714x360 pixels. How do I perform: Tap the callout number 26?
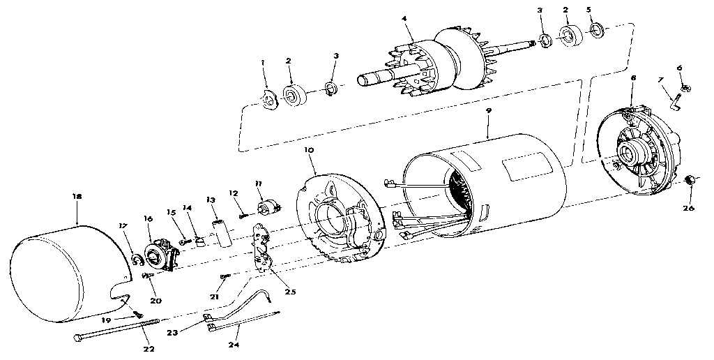click(688, 208)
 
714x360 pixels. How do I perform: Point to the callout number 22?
click(149, 350)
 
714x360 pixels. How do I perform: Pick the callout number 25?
click(290, 292)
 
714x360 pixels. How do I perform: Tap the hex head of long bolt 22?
click(77, 338)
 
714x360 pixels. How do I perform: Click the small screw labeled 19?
click(139, 313)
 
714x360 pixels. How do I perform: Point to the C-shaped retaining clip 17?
click(135, 260)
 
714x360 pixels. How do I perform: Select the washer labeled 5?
click(596, 31)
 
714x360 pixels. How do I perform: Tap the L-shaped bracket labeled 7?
click(676, 100)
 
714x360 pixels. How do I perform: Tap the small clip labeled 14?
click(199, 240)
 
